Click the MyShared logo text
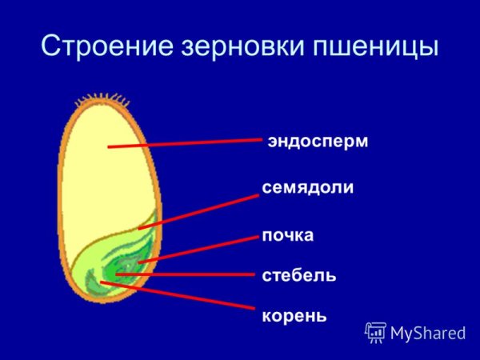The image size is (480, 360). [x=428, y=331]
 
